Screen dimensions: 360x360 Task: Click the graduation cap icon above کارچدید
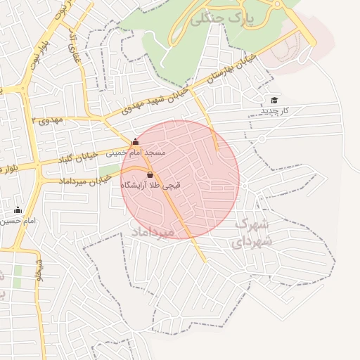[x=274, y=101]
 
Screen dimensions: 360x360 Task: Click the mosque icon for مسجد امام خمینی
[x=135, y=142]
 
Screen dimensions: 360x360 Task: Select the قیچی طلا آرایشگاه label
[x=150, y=185]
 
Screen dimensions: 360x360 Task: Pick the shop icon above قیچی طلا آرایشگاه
[x=150, y=174]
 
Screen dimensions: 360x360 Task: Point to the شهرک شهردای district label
[x=251, y=232]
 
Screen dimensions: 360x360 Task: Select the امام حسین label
[x=19, y=221]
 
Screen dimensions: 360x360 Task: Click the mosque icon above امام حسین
[x=18, y=210]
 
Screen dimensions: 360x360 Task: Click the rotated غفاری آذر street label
[x=72, y=46]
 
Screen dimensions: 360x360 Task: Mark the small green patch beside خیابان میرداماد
[x=108, y=171]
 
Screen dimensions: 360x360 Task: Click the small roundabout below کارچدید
[x=261, y=139]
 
